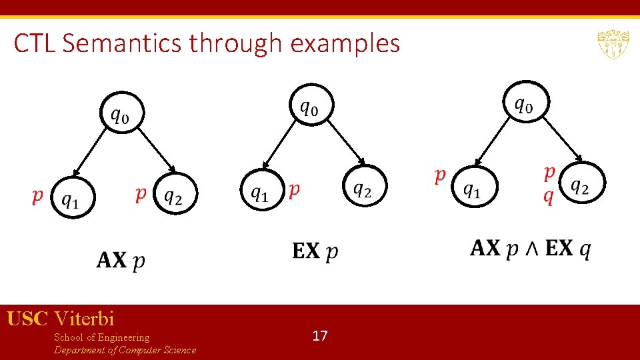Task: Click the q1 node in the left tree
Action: click(70, 197)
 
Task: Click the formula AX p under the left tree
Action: click(121, 260)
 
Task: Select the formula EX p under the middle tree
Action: click(315, 251)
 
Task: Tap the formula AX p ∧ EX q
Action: click(531, 249)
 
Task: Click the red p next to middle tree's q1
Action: click(293, 190)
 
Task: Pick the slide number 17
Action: click(320, 335)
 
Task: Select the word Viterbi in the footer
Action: click(85, 318)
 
